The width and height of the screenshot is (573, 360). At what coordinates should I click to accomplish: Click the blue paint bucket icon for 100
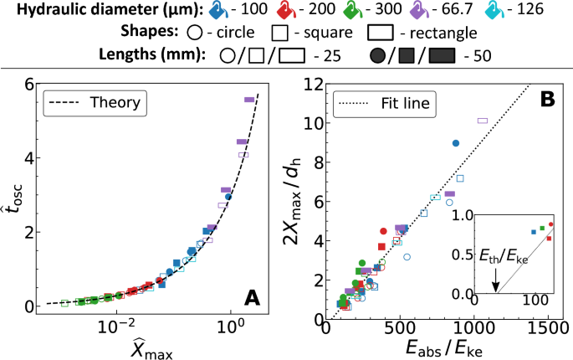click(218, 12)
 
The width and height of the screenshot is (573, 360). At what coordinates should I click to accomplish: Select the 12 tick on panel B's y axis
click(310, 85)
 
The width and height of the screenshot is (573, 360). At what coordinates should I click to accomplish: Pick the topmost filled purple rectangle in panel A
click(249, 100)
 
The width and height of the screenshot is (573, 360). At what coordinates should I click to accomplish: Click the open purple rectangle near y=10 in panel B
click(482, 121)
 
